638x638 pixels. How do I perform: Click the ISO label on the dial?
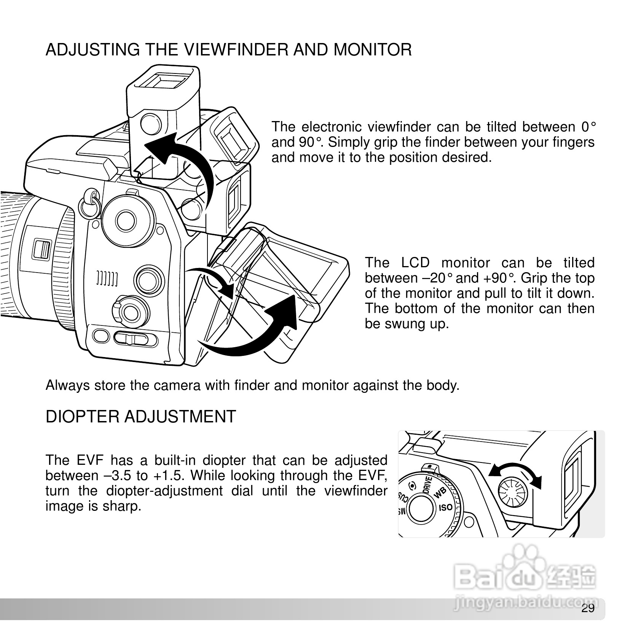pos(445,508)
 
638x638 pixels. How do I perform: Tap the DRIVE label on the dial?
pos(427,485)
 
